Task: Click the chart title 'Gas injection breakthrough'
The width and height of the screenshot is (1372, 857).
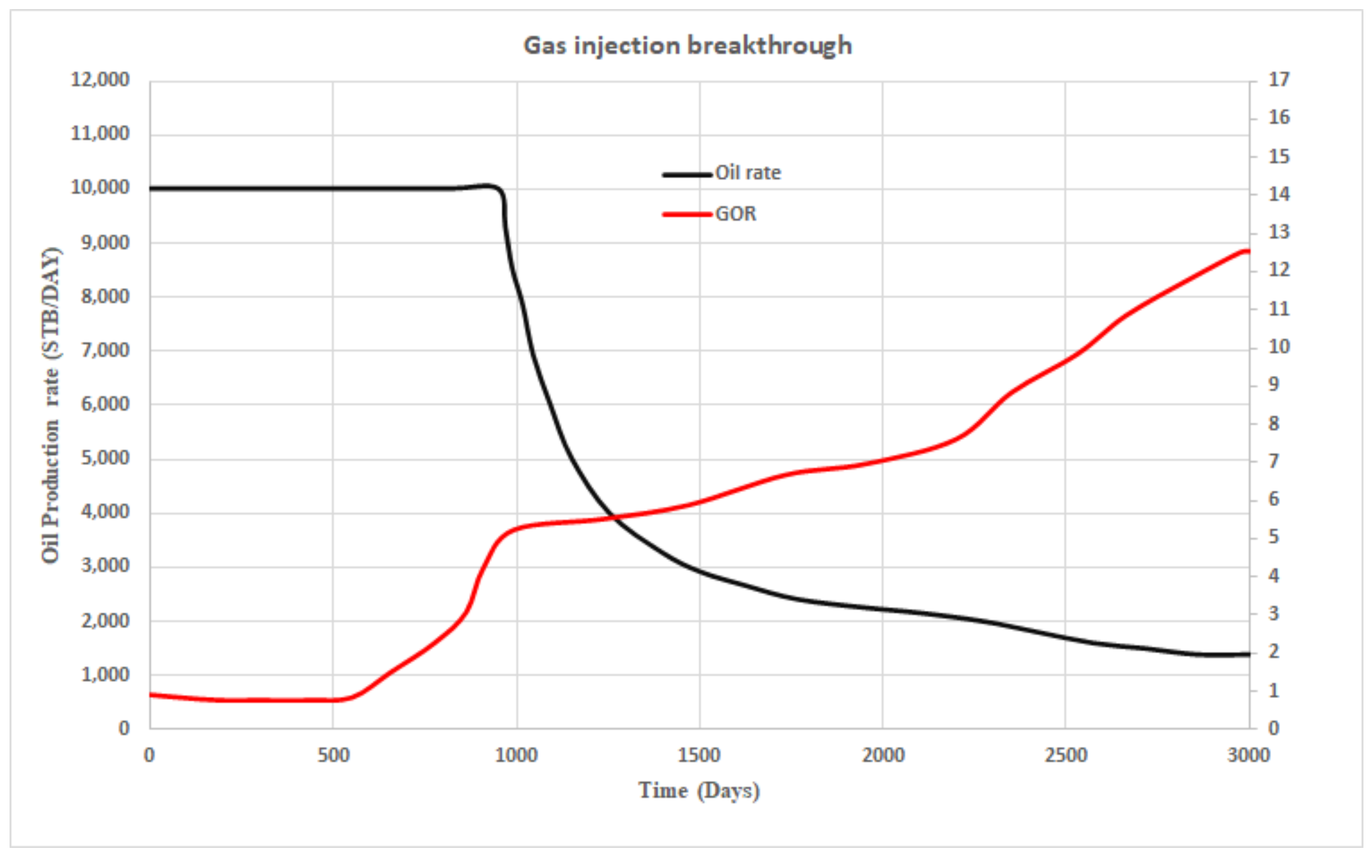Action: (x=688, y=45)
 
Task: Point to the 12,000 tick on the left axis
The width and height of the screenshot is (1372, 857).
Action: (x=100, y=79)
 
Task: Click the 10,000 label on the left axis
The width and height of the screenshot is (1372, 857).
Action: (x=100, y=187)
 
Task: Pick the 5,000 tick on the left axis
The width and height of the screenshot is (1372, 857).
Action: (x=105, y=457)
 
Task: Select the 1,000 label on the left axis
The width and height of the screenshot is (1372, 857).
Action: (x=105, y=674)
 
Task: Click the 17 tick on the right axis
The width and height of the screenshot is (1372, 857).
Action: (x=1279, y=79)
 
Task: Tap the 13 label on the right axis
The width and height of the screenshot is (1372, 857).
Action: (x=1279, y=232)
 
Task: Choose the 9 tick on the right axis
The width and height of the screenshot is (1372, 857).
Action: (x=1274, y=384)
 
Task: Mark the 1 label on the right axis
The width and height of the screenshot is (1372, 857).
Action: (x=1274, y=690)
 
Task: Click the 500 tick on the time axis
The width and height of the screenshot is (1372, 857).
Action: (x=333, y=756)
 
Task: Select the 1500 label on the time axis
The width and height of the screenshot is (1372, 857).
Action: (x=699, y=756)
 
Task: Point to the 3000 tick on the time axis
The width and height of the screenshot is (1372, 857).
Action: (x=1248, y=756)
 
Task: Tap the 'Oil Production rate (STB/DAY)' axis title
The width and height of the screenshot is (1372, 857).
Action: (x=51, y=405)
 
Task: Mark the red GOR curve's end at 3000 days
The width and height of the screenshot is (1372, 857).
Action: (x=1248, y=251)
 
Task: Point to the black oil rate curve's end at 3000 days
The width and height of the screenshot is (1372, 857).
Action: (x=1248, y=654)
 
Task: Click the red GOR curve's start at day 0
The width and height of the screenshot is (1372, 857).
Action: (x=151, y=694)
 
